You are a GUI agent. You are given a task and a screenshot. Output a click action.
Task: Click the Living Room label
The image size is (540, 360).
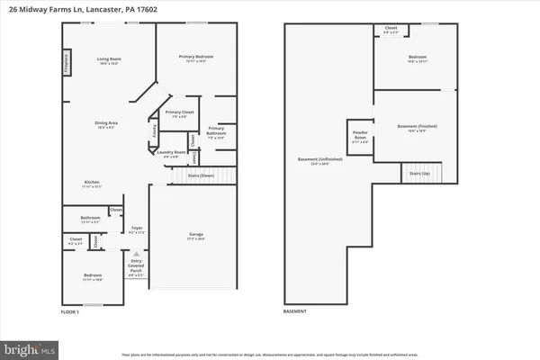coord(109,61)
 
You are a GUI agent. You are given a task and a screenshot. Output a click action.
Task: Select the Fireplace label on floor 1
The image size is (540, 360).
coord(67,62)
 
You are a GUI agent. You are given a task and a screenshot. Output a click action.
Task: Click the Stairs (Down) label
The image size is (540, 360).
coord(201,175)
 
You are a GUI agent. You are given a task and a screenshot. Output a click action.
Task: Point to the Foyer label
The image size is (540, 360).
coord(138,229)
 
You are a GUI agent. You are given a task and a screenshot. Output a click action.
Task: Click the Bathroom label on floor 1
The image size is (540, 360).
coord(89,218)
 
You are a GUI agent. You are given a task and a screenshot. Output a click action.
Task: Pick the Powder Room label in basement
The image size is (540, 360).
coord(361,141)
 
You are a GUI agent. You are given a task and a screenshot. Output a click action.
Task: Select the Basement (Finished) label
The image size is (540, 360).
coord(416,128)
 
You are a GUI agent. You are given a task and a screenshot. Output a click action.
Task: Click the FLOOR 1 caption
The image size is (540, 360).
coord(71,310)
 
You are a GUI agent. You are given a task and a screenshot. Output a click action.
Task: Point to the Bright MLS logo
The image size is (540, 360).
coord(31,347)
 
